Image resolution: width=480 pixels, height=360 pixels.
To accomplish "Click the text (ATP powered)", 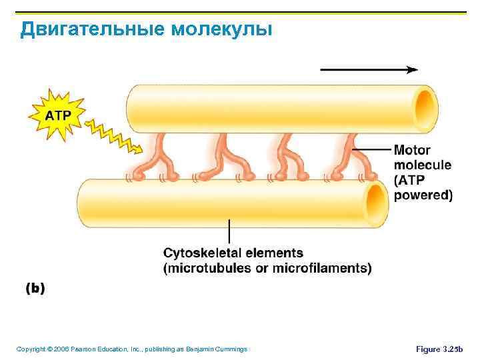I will point(423,188).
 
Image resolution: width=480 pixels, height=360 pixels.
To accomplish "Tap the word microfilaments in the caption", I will point(325,268).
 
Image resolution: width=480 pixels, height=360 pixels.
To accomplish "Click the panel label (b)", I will point(35,289).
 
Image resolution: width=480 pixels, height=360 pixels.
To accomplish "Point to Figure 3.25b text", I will point(439,349).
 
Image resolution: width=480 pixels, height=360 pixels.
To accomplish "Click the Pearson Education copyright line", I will point(131,349).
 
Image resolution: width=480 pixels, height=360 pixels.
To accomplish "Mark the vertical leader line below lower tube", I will point(229,231).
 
